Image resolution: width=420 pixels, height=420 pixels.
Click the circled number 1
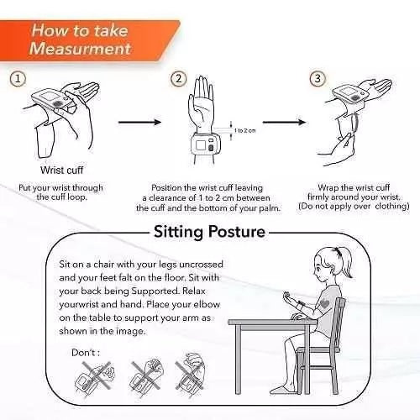click(18, 79)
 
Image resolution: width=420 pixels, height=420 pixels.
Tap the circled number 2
click(178, 79)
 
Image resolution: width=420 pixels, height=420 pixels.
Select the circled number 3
click(318, 78)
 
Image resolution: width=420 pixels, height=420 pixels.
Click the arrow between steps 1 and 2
click(140, 122)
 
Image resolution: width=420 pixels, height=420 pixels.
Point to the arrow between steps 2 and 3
click(284, 122)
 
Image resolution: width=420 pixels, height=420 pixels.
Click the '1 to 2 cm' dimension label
click(244, 130)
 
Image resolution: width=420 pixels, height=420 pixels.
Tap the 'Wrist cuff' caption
click(61, 170)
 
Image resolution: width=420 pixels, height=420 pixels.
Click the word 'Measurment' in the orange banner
click(80, 49)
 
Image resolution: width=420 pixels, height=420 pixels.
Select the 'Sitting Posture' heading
click(209, 232)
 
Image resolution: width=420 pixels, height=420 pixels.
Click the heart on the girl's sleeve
click(323, 304)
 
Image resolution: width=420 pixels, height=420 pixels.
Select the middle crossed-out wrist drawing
click(146, 375)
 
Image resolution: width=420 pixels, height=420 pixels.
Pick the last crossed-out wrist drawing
click(192, 374)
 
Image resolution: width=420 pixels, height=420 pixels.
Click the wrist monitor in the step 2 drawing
click(206, 145)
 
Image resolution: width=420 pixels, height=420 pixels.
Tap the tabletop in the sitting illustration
click(272, 322)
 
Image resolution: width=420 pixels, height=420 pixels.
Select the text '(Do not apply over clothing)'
click(354, 207)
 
